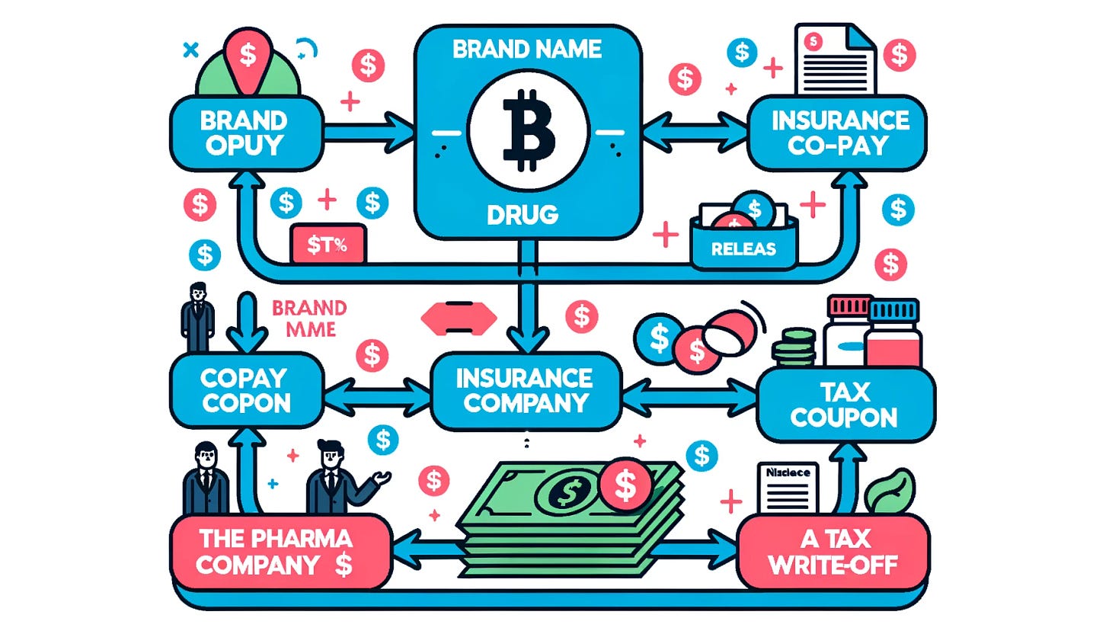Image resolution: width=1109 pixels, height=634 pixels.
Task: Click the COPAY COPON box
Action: point(245,389)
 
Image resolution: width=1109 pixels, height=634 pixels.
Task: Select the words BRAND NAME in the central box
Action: point(526,51)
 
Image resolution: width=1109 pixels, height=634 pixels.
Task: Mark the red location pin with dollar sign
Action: point(247,59)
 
